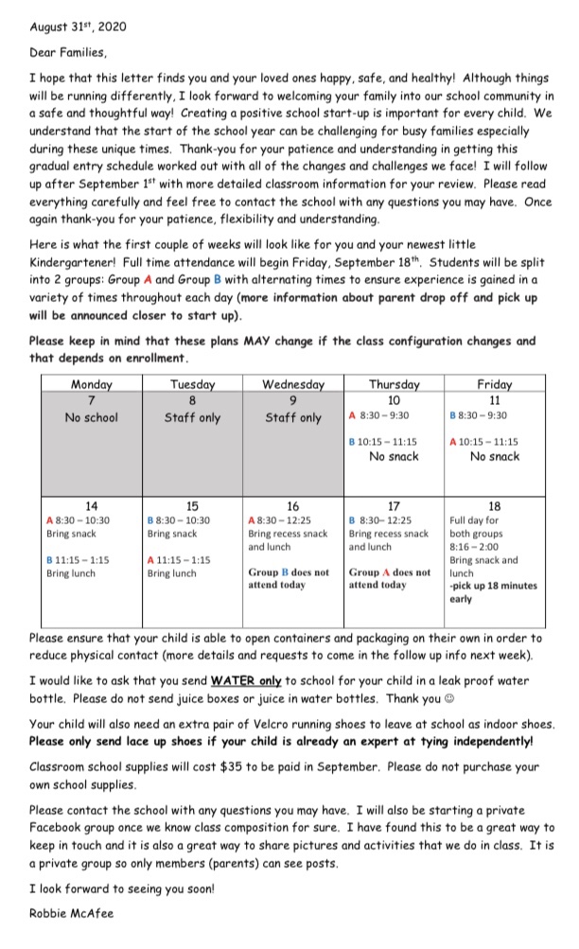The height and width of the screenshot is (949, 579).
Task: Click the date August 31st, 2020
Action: pyautogui.click(x=77, y=27)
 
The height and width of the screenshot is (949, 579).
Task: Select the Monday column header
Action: pyautogui.click(x=92, y=384)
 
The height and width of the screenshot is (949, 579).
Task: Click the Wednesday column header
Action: pyautogui.click(x=293, y=384)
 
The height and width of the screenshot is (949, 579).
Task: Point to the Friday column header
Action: pyautogui.click(x=495, y=384)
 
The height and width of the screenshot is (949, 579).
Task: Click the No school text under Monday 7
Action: pyautogui.click(x=92, y=417)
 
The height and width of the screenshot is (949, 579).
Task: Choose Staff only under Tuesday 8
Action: pyautogui.click(x=192, y=417)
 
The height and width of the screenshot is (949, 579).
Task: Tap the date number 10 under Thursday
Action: pyautogui.click(x=394, y=400)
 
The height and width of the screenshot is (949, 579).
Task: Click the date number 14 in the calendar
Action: pyautogui.click(x=92, y=506)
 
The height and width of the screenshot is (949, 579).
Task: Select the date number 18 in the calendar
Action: pyautogui.click(x=495, y=506)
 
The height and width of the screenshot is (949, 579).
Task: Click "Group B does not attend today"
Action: pyautogui.click(x=289, y=579)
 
